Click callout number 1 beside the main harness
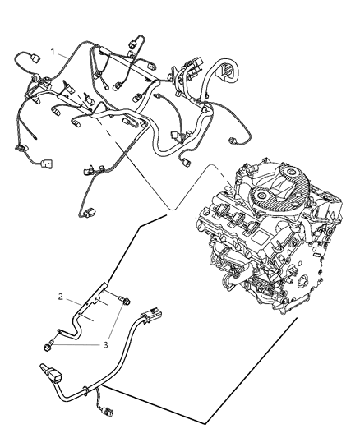point(53,52)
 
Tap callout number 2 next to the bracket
point(61,297)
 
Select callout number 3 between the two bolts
point(105,345)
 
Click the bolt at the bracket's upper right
point(125,301)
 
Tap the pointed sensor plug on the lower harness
point(51,371)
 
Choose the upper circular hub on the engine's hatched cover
point(290,173)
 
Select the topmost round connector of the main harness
point(132,44)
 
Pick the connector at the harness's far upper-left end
point(35,58)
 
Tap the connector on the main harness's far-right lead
point(233,141)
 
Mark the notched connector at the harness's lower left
point(47,164)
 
